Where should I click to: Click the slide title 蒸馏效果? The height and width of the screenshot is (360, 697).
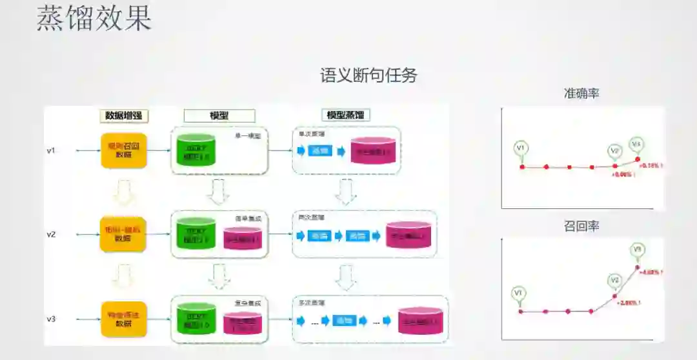pyautogui.click(x=94, y=19)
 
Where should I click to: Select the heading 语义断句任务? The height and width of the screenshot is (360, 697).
pyautogui.click(x=369, y=75)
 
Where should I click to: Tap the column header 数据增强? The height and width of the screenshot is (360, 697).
pyautogui.click(x=125, y=115)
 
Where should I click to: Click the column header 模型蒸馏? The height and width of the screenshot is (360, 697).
pyautogui.click(x=345, y=115)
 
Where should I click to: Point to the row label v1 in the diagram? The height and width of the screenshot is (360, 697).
pyautogui.click(x=51, y=150)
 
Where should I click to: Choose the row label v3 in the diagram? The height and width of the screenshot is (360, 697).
pyautogui.click(x=51, y=319)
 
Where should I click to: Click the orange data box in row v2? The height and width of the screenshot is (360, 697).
pyautogui.click(x=123, y=234)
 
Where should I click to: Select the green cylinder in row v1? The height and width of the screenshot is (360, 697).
pyautogui.click(x=195, y=150)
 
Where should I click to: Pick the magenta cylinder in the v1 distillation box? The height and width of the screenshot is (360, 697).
pyautogui.click(x=372, y=151)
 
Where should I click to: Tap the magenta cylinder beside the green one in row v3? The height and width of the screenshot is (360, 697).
pyautogui.click(x=243, y=321)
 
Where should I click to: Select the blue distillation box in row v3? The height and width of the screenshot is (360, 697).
pyautogui.click(x=345, y=320)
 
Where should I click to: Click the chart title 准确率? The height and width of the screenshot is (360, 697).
pyautogui.click(x=581, y=94)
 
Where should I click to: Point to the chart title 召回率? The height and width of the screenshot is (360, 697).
pyautogui.click(x=581, y=226)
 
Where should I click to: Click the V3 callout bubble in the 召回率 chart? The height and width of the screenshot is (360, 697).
pyautogui.click(x=638, y=250)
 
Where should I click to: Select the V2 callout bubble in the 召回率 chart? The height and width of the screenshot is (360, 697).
pyautogui.click(x=614, y=280)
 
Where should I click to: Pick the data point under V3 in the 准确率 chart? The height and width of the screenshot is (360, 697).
pyautogui.click(x=638, y=159)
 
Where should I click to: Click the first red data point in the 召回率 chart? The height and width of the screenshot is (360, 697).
pyautogui.click(x=521, y=311)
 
